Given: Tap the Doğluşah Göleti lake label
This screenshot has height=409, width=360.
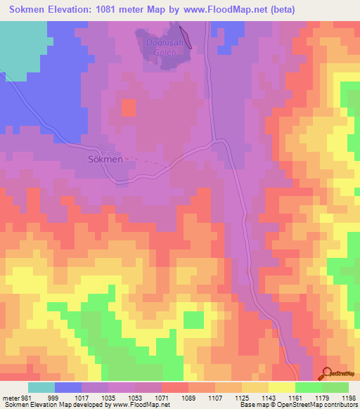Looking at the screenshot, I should [x=164, y=48].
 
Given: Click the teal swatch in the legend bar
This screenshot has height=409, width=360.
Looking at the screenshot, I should [x=41, y=387].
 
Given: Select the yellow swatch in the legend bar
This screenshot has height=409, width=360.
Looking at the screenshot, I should [x=281, y=387].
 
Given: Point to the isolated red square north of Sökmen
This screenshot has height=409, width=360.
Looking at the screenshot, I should [x=129, y=108].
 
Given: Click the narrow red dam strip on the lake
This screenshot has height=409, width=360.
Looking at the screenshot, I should [x=185, y=36].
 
